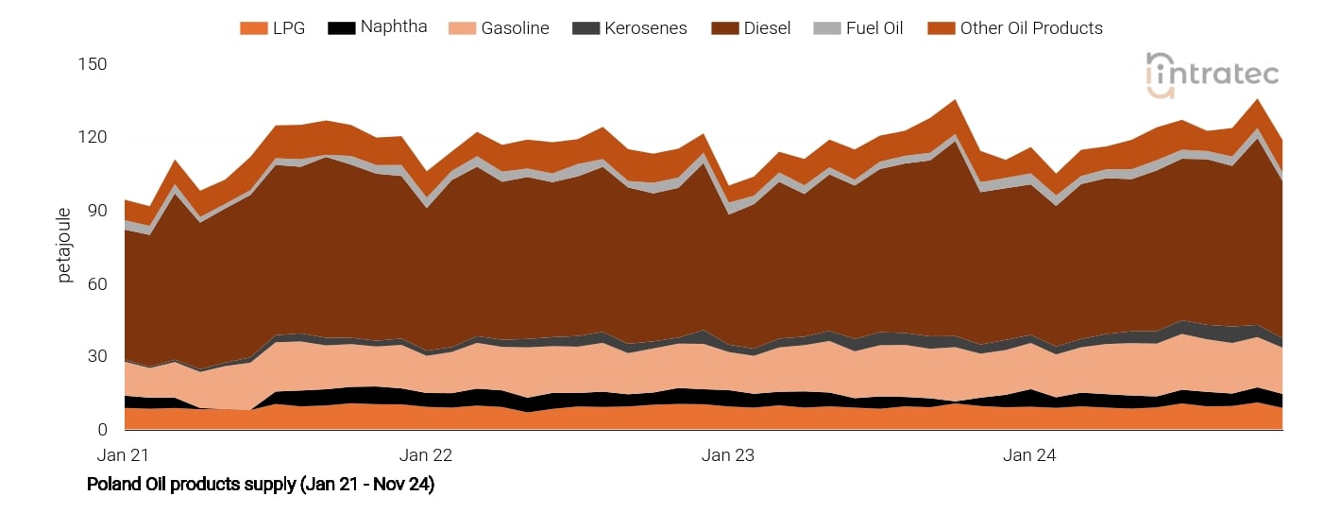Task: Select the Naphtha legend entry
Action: tap(393, 27)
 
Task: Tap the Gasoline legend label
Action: tap(515, 28)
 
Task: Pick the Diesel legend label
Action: tap(766, 28)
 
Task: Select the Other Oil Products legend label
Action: tap(1031, 28)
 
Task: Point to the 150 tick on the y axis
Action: tap(93, 64)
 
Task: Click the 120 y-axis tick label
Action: tap(93, 137)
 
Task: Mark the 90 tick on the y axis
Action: tap(97, 211)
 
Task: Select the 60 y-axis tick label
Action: tap(97, 283)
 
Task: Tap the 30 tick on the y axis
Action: tap(97, 357)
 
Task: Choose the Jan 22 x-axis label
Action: tap(426, 454)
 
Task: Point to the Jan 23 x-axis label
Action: tap(728, 454)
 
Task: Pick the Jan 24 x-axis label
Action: tap(1030, 454)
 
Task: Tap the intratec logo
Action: tap(1213, 74)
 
